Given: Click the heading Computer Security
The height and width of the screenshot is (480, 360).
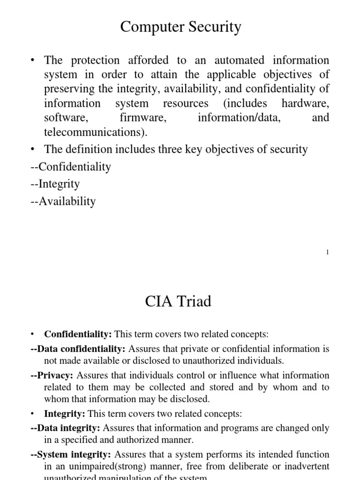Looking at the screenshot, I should (x=180, y=27).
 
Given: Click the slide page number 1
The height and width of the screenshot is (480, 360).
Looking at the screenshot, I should (x=327, y=252).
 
